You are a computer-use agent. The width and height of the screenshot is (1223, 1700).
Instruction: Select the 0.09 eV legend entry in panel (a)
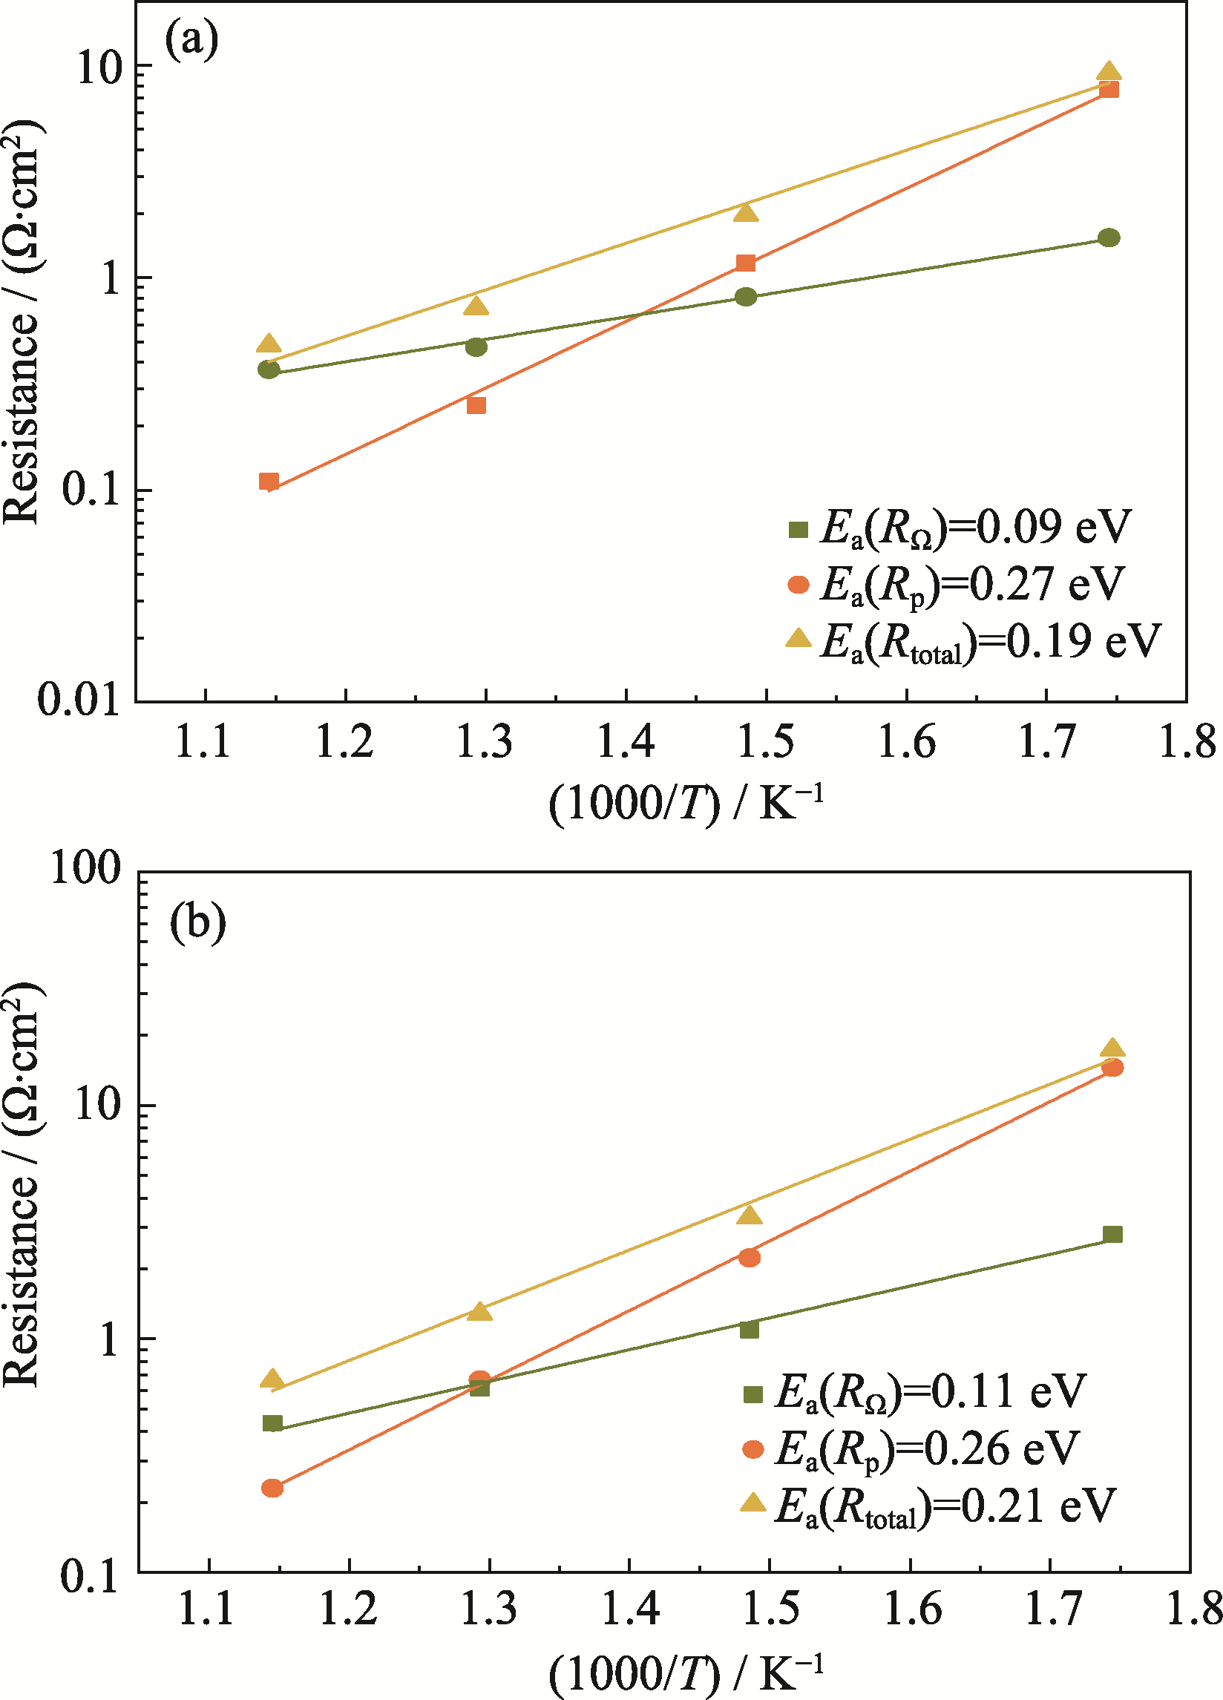click(959, 528)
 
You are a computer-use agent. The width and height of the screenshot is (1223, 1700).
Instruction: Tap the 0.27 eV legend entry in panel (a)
click(956, 584)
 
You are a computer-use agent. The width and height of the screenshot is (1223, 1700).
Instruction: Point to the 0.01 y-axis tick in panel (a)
click(79, 700)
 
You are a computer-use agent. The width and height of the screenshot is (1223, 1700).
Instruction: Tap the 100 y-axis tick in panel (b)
click(85, 869)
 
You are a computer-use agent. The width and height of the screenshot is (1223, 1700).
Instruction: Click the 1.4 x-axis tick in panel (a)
click(626, 742)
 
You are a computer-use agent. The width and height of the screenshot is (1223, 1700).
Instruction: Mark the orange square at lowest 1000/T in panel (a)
click(269, 482)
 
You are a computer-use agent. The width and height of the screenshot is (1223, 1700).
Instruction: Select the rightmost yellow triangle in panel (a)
click(1109, 72)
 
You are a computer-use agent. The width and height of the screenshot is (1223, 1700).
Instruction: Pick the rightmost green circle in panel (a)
click(1109, 237)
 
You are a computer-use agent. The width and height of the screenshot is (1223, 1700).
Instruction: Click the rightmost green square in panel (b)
click(1112, 1235)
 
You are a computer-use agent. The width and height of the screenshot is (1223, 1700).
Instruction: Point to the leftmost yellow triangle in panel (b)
click(272, 1379)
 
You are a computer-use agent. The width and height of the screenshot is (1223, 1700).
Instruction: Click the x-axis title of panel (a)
click(686, 804)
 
